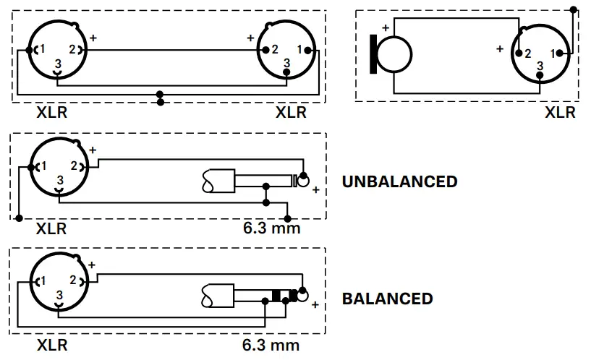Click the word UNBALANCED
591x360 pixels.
(399, 181)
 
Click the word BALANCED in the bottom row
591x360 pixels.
(387, 299)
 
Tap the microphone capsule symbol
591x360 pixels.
(391, 53)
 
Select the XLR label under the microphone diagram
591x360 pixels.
(560, 112)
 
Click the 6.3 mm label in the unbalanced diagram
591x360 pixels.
(271, 229)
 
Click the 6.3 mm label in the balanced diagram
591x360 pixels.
(271, 345)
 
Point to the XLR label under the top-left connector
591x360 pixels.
(51, 112)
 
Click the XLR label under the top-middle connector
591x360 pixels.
(291, 112)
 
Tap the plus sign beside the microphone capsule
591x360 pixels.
(386, 28)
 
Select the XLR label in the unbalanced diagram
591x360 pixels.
(51, 229)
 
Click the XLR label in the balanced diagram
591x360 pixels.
(51, 345)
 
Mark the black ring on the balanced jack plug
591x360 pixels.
(276, 296)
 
